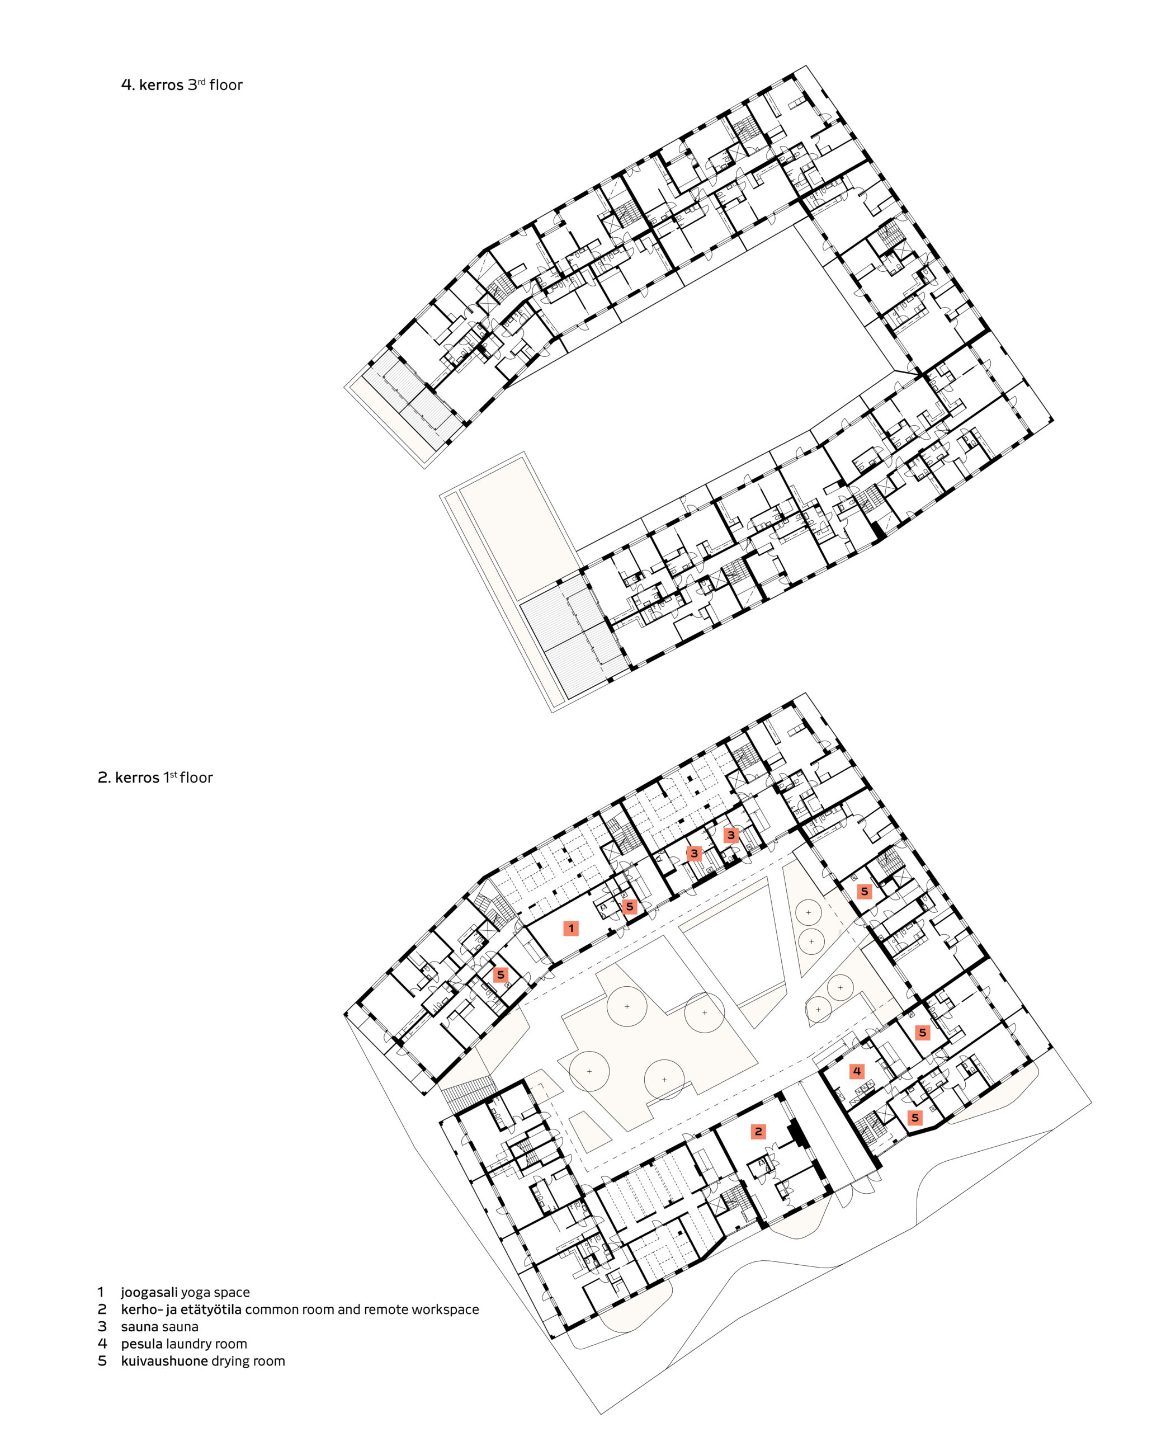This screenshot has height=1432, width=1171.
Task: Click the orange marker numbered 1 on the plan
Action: point(570,929)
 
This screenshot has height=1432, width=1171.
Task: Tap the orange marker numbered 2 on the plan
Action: point(758,1132)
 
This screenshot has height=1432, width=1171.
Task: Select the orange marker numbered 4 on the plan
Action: point(857,1071)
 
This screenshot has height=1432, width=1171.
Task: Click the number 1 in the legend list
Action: point(101,1292)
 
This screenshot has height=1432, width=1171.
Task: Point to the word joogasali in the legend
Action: point(149,1292)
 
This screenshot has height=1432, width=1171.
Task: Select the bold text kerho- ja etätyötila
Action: point(181,1310)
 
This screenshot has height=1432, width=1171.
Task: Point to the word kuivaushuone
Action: point(164,1361)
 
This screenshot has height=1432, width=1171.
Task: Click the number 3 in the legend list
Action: point(102,1327)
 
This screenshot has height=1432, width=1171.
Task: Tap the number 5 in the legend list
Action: point(102,1361)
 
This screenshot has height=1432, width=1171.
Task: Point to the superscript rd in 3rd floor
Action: point(201,81)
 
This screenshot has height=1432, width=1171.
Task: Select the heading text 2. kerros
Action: point(129,778)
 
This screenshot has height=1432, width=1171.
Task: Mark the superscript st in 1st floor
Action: point(173,774)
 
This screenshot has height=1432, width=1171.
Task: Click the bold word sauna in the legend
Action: point(139,1327)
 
